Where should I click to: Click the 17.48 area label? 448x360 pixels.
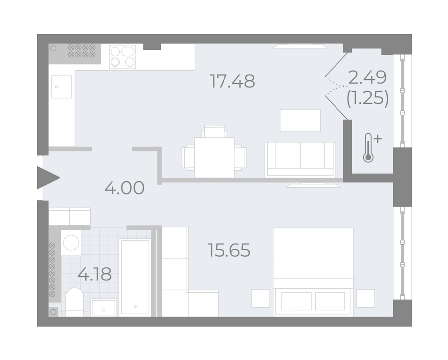[x=232, y=81]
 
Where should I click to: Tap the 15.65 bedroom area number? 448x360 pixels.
[x=229, y=250]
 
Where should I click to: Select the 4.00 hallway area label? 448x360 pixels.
[x=124, y=188]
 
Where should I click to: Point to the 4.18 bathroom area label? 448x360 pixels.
[x=94, y=274]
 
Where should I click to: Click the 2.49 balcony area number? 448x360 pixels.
[x=368, y=77]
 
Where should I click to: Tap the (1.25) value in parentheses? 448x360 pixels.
[x=368, y=98]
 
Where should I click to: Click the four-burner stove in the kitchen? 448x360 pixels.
[x=122, y=57]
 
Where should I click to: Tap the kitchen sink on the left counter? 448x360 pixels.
[x=61, y=87]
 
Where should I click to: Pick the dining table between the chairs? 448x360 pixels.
[x=214, y=157]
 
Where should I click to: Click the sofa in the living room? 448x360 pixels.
[x=300, y=159]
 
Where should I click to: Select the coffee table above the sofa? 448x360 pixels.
[x=300, y=120]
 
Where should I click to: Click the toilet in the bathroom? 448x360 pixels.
[x=74, y=302]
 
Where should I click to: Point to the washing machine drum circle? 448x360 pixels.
[x=71, y=242]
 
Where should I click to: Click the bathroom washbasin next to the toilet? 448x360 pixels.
[x=104, y=307]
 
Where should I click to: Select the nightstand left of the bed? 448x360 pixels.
[x=261, y=298]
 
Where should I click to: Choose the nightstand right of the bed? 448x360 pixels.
[x=366, y=298]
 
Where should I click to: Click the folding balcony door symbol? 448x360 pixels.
[x=336, y=85]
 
